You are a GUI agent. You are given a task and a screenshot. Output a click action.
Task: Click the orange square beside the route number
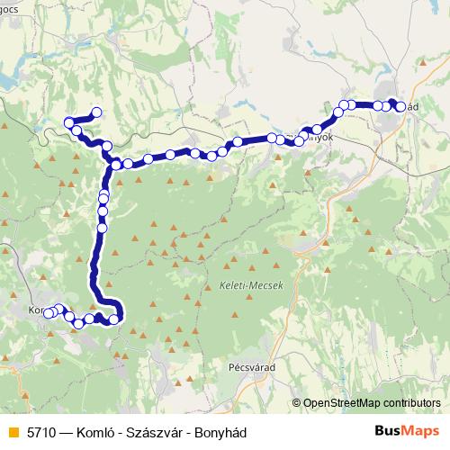[12, 432]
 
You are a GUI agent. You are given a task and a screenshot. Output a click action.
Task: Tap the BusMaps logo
[402, 432]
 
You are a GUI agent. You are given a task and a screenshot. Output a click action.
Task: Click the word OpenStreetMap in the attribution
[340, 403]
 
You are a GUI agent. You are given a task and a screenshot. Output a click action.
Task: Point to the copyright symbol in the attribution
[296, 403]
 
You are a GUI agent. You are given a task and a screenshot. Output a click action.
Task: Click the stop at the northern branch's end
[96, 113]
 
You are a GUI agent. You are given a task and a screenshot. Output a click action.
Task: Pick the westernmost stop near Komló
[48, 313]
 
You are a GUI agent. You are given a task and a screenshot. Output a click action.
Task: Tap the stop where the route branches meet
[115, 164]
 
